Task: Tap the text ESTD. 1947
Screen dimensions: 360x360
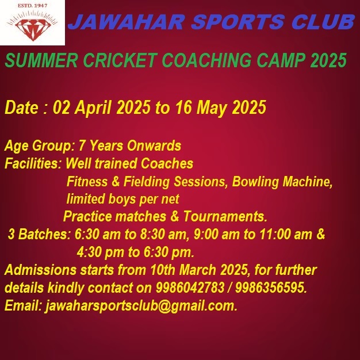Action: [33, 6]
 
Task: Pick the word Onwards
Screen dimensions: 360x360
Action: [154, 145]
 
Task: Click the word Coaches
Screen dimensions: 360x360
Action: [167, 163]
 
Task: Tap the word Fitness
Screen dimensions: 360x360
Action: [87, 181]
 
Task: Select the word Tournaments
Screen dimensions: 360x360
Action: [225, 216]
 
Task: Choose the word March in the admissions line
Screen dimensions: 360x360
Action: [198, 270]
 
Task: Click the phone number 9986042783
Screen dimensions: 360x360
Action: [190, 288]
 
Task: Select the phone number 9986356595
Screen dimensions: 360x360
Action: [271, 288]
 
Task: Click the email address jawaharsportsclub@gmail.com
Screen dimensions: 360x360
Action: [141, 306]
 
